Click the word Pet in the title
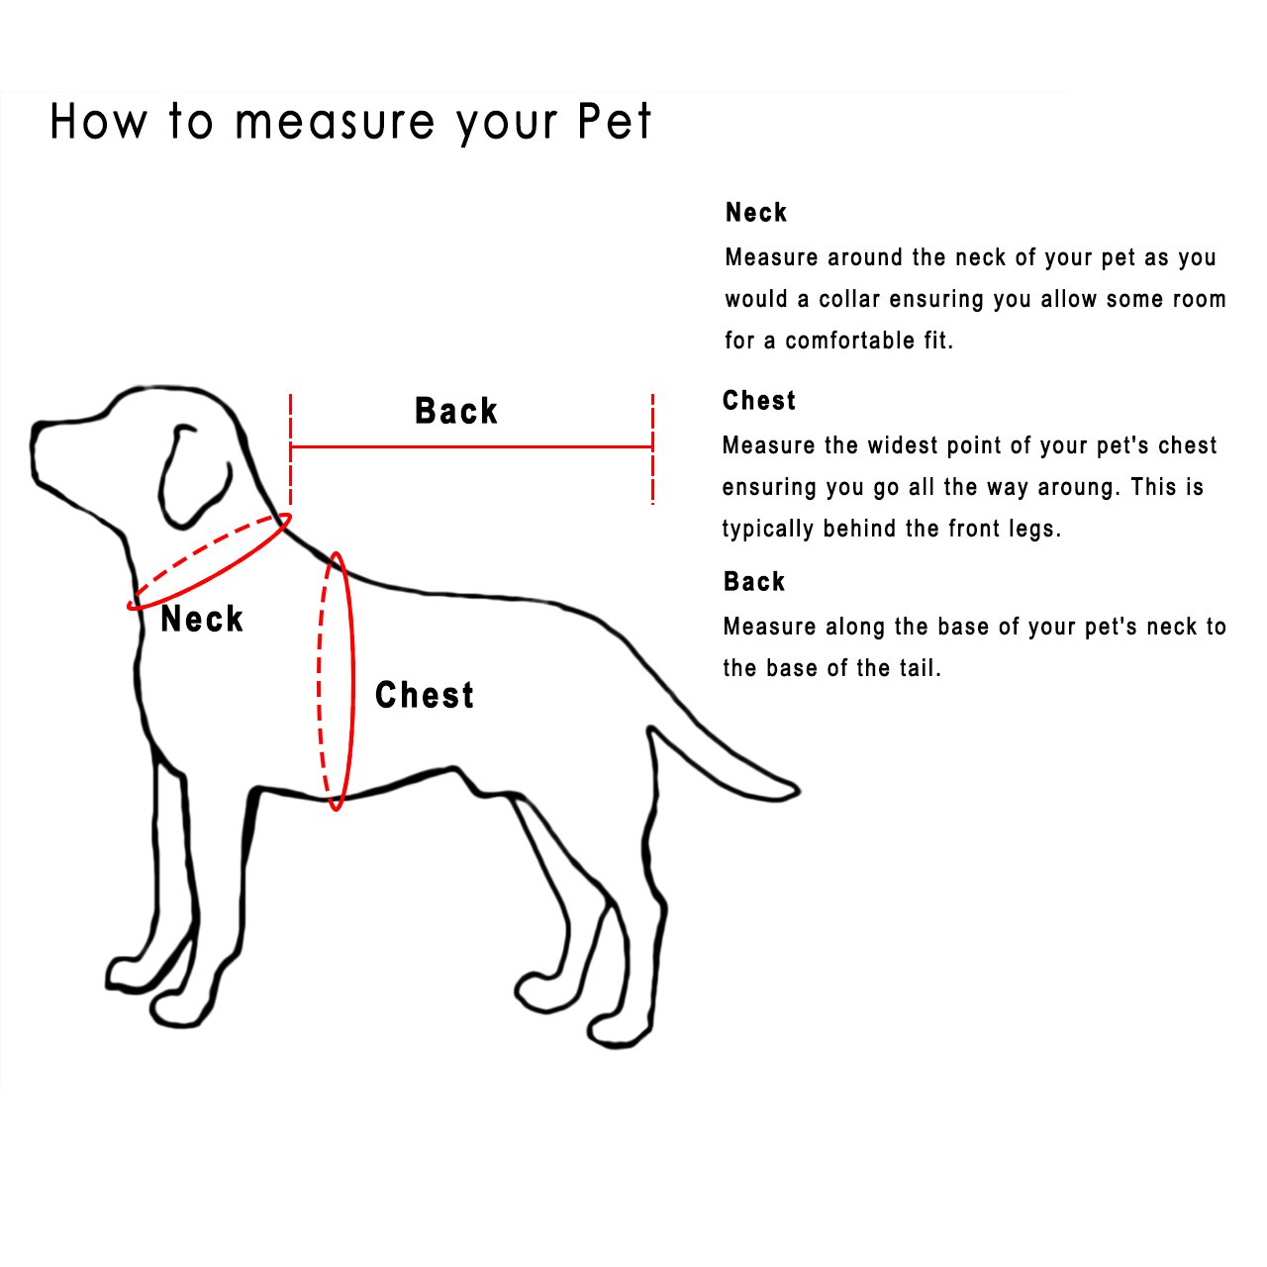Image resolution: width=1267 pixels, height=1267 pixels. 614,122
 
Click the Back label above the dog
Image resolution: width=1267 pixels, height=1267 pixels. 455,411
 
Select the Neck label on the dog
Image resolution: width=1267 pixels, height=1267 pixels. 202,620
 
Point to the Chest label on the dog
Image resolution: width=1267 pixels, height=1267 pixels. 425,695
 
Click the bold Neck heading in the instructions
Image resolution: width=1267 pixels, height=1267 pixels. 756,213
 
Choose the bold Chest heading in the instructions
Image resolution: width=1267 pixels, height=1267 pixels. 759,401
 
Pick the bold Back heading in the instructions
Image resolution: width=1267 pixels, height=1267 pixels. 754,582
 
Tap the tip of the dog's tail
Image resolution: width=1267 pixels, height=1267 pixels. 792,790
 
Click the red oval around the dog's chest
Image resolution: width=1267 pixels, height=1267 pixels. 350,683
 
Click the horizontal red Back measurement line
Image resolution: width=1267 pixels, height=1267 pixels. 471,447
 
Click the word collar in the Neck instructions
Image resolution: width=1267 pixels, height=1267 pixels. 849,299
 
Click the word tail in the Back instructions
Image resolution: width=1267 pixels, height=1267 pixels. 919,668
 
